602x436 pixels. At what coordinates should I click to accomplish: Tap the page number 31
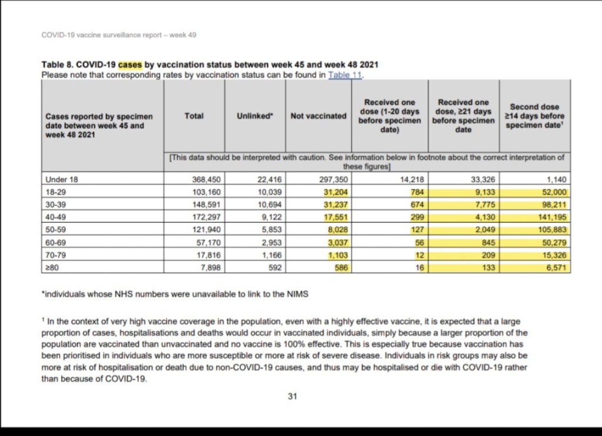(x=292, y=396)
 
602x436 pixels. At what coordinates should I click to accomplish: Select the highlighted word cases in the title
(x=130, y=64)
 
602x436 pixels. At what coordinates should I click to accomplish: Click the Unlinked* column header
(x=255, y=116)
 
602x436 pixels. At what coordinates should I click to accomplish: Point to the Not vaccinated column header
(x=319, y=116)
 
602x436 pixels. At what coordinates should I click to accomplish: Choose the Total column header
(x=194, y=116)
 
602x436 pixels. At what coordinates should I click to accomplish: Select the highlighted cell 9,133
(x=481, y=192)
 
